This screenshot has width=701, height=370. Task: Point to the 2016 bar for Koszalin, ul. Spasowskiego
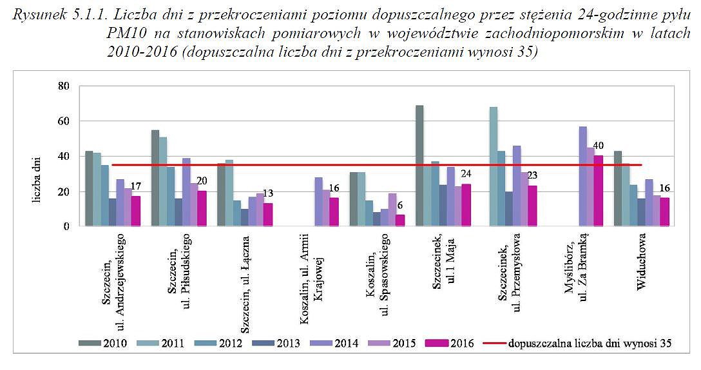(399, 220)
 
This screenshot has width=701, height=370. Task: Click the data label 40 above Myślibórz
(599, 146)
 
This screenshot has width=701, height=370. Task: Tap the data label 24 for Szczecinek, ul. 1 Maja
(466, 174)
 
